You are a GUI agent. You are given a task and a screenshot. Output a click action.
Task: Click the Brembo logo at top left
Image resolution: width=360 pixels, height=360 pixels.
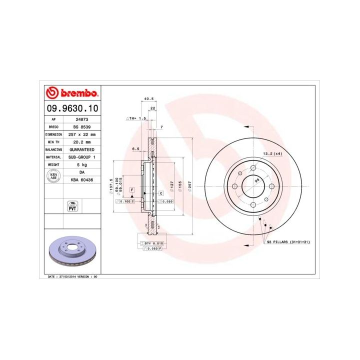(71, 93)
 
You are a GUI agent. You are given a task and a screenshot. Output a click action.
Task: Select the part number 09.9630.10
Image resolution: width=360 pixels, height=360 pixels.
(71, 108)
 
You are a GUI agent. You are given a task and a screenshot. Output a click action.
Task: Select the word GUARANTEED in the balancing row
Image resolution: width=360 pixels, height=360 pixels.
(81, 149)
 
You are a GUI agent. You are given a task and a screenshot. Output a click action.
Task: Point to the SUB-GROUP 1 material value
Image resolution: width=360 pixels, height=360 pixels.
(81, 156)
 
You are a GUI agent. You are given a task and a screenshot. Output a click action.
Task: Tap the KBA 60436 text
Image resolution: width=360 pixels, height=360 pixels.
(81, 178)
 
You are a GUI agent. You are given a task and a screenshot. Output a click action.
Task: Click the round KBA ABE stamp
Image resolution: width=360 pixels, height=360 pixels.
(53, 176)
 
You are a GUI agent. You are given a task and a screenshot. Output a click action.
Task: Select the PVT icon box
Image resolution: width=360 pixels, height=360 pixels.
(71, 205)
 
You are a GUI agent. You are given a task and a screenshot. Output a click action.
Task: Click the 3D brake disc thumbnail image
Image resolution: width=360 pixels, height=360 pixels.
(71, 251)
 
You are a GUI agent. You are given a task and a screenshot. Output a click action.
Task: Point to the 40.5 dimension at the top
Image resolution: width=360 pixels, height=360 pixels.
(148, 99)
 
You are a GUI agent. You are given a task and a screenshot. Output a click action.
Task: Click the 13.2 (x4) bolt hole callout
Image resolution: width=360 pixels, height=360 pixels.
(273, 153)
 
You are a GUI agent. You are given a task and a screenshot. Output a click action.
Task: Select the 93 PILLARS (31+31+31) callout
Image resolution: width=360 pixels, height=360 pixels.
(288, 242)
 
